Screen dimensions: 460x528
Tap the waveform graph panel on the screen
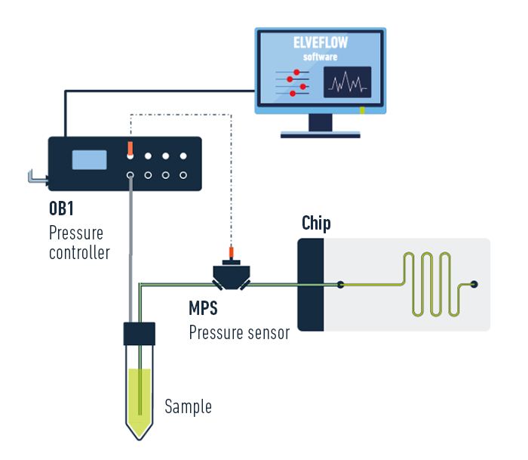tap(347, 82)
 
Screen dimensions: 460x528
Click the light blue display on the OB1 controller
tap(88, 160)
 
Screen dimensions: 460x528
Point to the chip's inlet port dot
tap(341, 285)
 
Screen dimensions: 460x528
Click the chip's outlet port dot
tap(474, 285)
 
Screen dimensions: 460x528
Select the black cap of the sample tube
tap(139, 333)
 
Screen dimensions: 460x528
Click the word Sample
tap(188, 407)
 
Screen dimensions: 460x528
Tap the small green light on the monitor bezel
tap(363, 111)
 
